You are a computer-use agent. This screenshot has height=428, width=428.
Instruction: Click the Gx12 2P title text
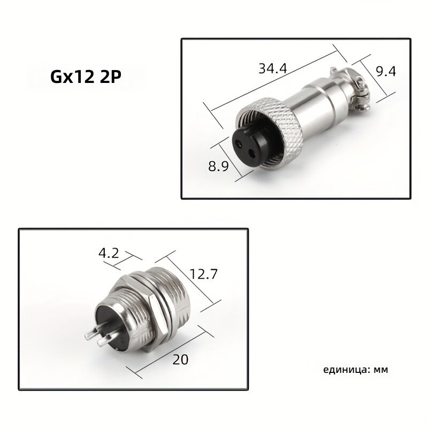pos(86,77)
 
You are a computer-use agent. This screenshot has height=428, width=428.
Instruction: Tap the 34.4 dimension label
pos(273,68)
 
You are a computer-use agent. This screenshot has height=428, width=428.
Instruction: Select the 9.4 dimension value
pos(386,71)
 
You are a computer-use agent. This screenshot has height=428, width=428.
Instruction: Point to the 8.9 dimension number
pos(218,166)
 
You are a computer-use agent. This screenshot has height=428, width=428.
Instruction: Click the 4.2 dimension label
pos(109,253)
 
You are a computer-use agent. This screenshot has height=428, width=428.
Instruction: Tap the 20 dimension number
pos(180,360)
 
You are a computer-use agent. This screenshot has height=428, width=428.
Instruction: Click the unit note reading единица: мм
pos(355,370)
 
